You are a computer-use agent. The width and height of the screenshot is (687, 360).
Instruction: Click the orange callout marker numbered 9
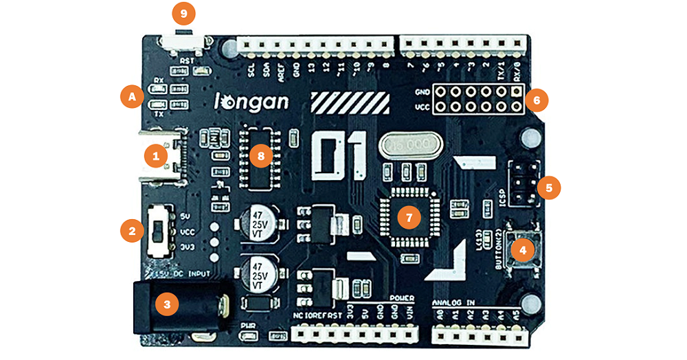click(183, 14)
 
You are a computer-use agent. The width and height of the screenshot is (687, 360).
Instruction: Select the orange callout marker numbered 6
click(537, 100)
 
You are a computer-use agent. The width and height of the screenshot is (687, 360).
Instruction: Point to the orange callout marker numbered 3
click(166, 303)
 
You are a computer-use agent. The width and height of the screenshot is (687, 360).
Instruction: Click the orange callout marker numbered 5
click(548, 186)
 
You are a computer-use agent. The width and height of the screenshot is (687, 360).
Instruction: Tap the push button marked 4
click(523, 251)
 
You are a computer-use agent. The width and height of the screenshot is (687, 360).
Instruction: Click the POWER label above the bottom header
click(401, 298)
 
